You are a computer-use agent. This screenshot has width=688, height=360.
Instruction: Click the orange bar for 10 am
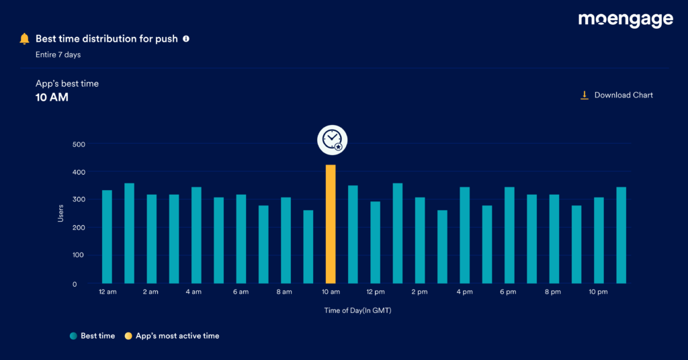(x=331, y=224)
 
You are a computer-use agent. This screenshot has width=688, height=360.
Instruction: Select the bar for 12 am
(x=107, y=236)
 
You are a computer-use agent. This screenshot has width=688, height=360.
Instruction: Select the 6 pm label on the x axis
(x=508, y=292)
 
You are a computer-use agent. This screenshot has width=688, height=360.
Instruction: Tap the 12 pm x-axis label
(x=375, y=292)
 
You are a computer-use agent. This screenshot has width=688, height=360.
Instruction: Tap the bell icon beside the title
(x=24, y=39)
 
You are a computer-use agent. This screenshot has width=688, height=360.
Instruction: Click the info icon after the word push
(x=186, y=39)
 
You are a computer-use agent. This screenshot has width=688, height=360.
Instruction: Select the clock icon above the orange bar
(x=332, y=139)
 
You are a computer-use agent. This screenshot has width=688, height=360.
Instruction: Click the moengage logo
(x=625, y=20)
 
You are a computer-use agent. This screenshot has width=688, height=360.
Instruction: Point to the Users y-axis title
(x=60, y=214)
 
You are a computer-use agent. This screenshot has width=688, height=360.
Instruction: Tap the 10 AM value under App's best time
(x=52, y=97)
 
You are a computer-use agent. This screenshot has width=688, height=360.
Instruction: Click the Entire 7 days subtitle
(x=58, y=54)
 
